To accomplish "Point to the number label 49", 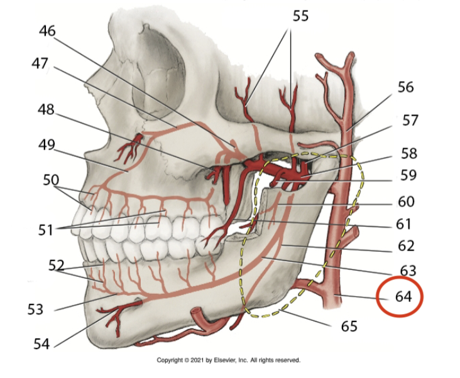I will [47, 144].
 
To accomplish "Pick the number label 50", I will [51, 180].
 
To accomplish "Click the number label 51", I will [44, 230].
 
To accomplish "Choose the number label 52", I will [57, 266].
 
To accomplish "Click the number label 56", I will [406, 87].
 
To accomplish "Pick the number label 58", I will [408, 153].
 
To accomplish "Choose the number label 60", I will [405, 202].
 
